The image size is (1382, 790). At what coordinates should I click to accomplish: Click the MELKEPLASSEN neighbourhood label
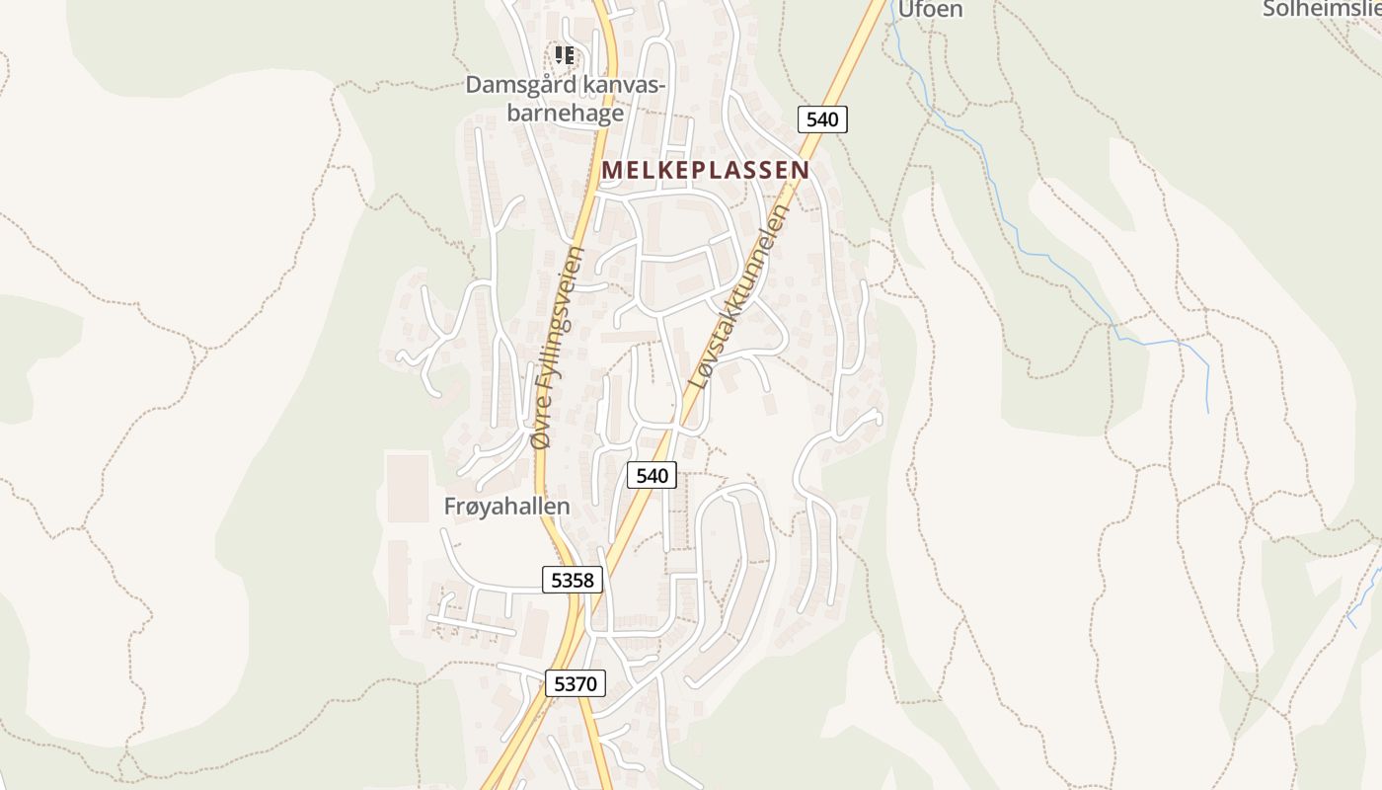coord(705,170)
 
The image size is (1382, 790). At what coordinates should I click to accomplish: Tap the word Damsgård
coord(520,85)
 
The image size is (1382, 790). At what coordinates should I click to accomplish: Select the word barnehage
coord(566,113)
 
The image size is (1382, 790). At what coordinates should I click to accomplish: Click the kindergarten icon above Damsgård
coord(564,54)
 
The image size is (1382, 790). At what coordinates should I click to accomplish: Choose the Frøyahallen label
coord(507,507)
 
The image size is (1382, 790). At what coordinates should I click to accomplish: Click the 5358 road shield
coord(573,580)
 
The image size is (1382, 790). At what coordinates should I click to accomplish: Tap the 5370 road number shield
coord(575,682)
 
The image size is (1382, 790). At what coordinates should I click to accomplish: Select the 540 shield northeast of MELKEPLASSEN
coord(821,119)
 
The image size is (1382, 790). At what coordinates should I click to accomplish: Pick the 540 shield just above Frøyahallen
coord(652,475)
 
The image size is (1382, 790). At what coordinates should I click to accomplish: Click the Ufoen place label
coord(929,10)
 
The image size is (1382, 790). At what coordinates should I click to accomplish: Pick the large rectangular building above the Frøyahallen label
coord(408,486)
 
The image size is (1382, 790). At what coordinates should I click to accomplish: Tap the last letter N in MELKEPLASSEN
coord(801,170)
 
